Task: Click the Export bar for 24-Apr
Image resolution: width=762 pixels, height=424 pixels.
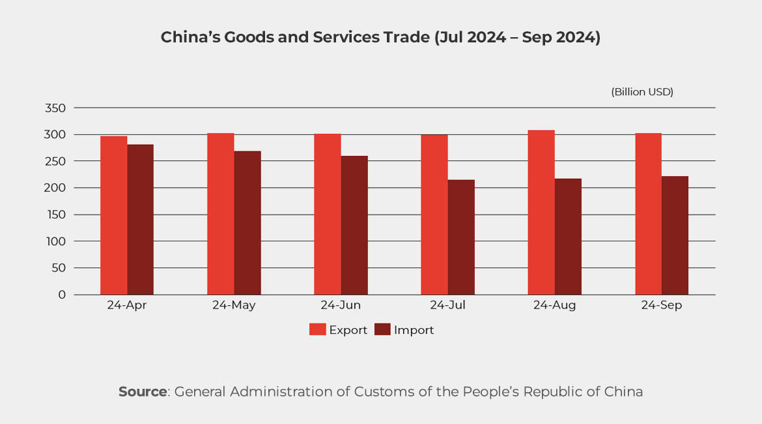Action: click(x=113, y=215)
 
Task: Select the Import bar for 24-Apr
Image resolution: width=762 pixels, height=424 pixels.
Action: click(x=140, y=220)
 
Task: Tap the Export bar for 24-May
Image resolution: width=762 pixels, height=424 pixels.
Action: click(x=220, y=214)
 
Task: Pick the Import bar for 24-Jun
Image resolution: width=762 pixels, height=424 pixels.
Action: click(x=354, y=225)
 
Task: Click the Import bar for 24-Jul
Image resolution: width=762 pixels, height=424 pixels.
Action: click(x=461, y=237)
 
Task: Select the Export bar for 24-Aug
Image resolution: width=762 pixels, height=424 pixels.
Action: click(x=541, y=212)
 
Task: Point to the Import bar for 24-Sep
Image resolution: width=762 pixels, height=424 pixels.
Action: click(x=675, y=235)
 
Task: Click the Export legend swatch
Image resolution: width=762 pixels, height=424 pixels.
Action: click(x=317, y=330)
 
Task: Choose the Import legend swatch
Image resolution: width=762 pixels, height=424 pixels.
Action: click(x=382, y=330)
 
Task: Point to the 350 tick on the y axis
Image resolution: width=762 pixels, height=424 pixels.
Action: click(x=56, y=108)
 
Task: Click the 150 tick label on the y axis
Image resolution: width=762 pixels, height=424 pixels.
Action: click(x=56, y=215)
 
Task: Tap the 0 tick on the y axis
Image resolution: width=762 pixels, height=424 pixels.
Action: click(x=62, y=295)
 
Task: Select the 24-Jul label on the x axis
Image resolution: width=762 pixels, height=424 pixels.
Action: click(x=447, y=305)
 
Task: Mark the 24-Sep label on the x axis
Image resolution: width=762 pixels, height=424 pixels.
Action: click(x=661, y=305)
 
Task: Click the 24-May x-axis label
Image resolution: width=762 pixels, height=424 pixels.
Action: click(x=233, y=305)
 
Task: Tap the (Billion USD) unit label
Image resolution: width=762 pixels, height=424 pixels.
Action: click(x=642, y=92)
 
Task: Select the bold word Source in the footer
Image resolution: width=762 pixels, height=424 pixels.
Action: click(x=143, y=392)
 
